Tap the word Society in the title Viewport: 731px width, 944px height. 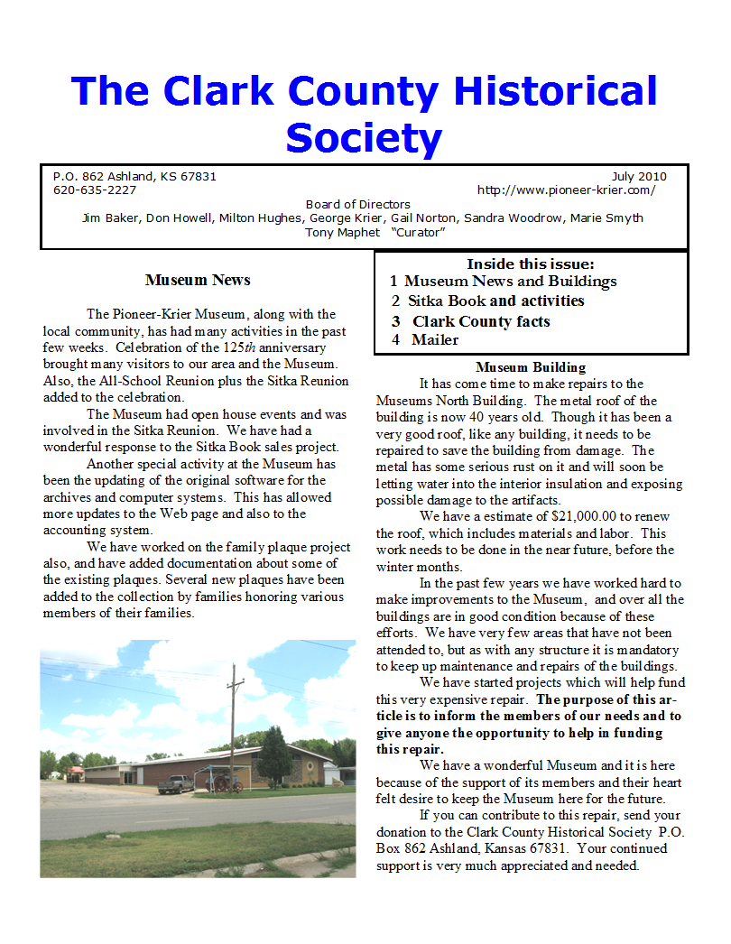pos(364,138)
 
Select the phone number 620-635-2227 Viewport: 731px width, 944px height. pos(95,190)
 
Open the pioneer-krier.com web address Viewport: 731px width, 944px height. pos(566,190)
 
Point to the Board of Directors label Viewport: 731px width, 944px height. pos(357,204)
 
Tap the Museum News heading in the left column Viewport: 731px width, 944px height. pos(198,280)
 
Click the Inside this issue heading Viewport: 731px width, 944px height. pos(531,264)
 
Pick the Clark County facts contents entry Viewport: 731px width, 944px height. pos(481,321)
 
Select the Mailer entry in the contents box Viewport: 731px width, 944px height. pos(435,340)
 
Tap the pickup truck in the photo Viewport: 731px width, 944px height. pos(176,784)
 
